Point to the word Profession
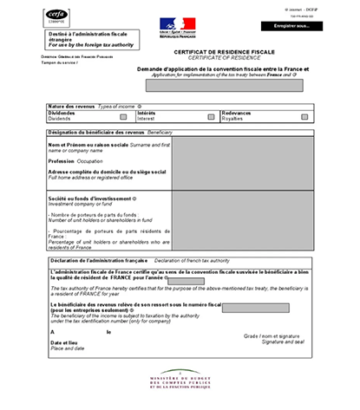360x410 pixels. coord(65,160)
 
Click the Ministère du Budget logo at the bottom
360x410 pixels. coord(180,381)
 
